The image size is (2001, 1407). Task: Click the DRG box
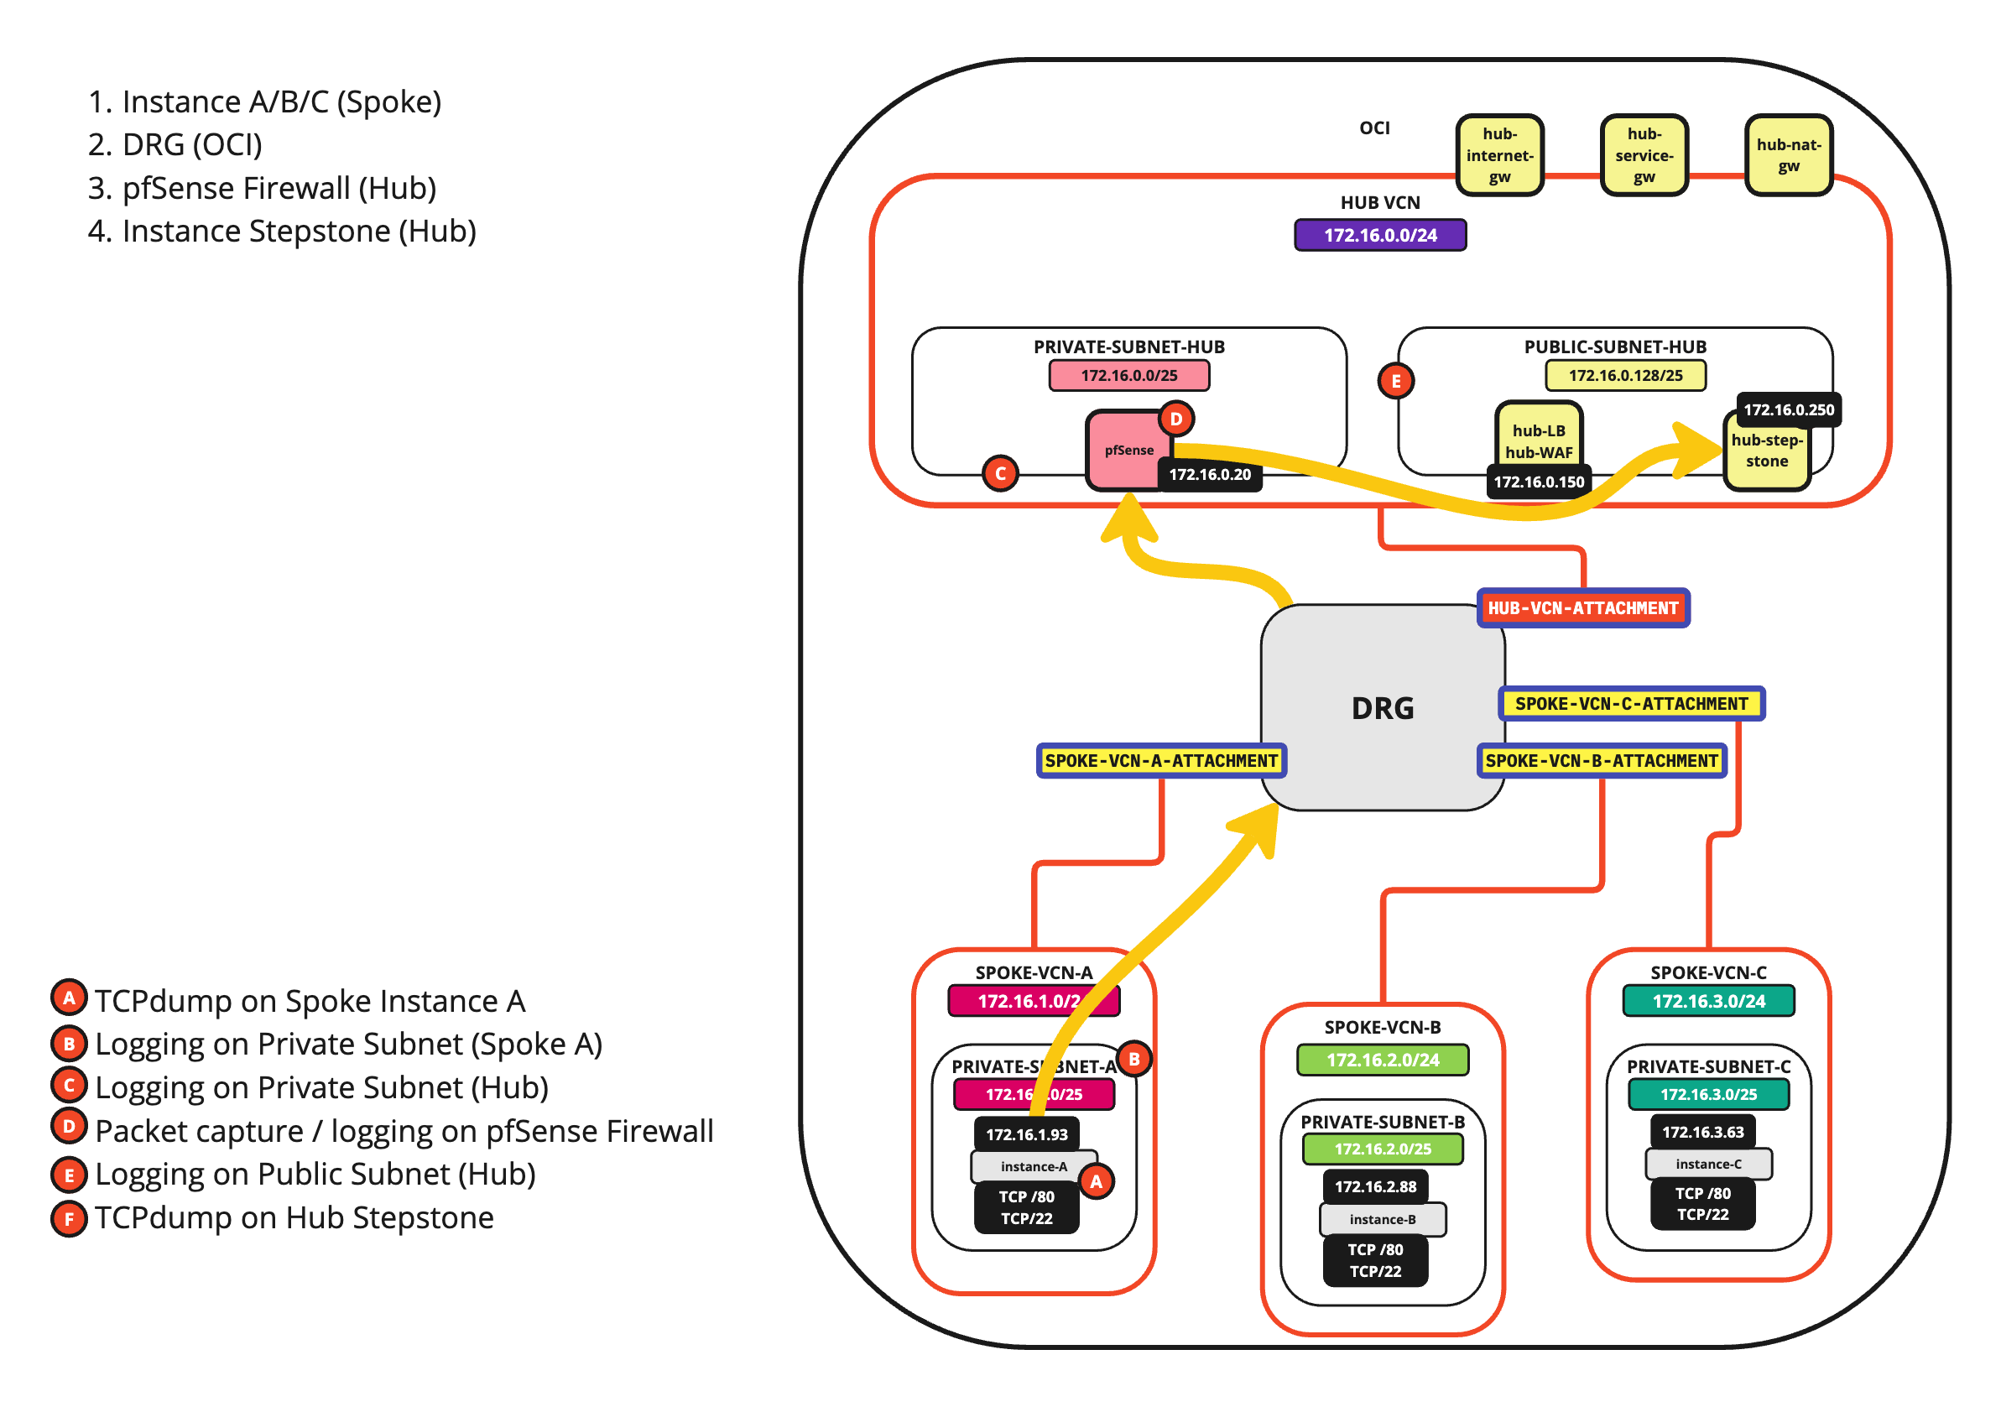[1382, 708]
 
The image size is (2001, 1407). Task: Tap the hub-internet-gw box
[1499, 155]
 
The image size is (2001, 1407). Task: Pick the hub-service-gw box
[1644, 155]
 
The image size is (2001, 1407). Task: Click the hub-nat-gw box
[1789, 155]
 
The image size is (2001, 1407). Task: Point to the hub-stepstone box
[1767, 451]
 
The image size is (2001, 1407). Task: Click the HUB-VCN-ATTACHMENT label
[1582, 608]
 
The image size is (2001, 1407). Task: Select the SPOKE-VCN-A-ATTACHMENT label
[1161, 761]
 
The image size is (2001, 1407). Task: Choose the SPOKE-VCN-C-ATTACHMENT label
[1631, 703]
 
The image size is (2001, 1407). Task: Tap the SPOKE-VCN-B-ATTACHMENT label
[1601, 761]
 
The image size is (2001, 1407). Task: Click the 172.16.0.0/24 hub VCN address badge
[1380, 236]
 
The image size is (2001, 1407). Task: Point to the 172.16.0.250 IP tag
[1789, 409]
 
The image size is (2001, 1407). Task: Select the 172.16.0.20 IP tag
[1210, 475]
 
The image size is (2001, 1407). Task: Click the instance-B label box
[1382, 1220]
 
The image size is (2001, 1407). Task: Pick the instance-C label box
[1708, 1164]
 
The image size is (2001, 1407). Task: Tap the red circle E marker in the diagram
[1395, 381]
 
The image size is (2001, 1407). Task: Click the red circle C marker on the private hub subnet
[1000, 473]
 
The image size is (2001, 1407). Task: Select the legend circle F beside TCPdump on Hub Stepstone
[69, 1219]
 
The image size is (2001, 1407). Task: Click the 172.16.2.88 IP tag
[1375, 1186]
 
